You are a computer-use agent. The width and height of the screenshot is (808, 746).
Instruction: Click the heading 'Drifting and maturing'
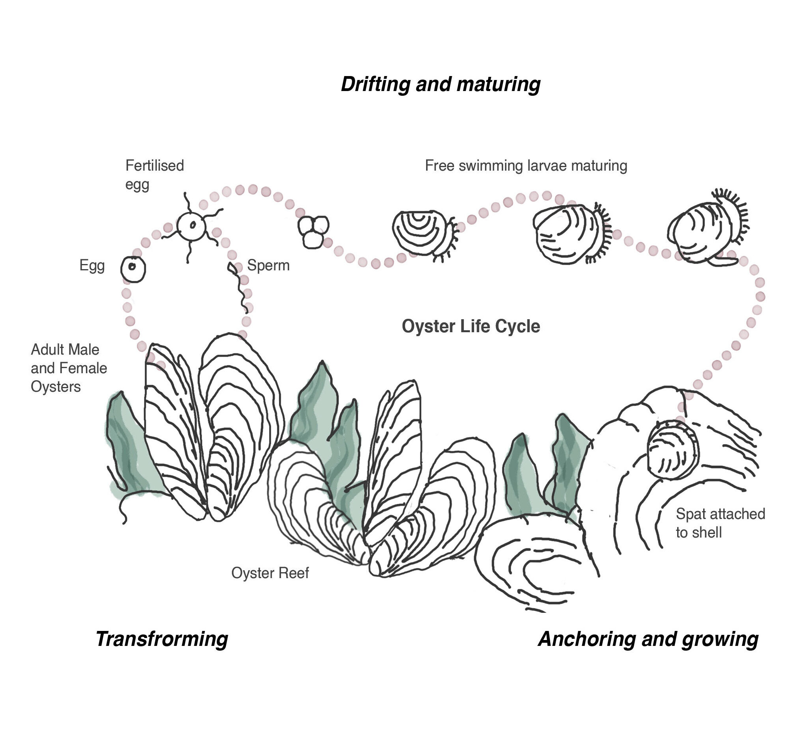tap(441, 84)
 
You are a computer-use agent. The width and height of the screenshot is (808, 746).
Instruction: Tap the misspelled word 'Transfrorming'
tap(162, 640)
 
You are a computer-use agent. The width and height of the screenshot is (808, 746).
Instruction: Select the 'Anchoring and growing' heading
tap(648, 640)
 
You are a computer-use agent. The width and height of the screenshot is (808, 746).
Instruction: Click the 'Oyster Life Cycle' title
tap(471, 326)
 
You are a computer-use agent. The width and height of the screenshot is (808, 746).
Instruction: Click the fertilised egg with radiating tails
tap(192, 225)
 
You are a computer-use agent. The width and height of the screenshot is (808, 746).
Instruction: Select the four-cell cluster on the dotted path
tap(313, 231)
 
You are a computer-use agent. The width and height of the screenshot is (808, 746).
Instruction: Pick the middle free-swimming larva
tap(570, 234)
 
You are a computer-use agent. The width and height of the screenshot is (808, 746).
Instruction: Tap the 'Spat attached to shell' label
tap(720, 523)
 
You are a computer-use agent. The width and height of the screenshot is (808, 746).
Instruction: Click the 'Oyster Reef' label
tap(270, 573)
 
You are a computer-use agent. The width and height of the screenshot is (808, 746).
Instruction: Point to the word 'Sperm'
tap(268, 265)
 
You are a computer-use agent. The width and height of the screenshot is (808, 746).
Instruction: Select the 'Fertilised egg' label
tap(154, 175)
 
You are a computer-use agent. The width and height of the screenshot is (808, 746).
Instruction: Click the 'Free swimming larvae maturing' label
tap(526, 166)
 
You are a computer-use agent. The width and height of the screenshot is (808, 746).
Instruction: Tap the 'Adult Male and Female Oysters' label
tap(69, 368)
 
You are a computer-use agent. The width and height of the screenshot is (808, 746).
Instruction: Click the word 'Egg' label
tap(92, 265)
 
